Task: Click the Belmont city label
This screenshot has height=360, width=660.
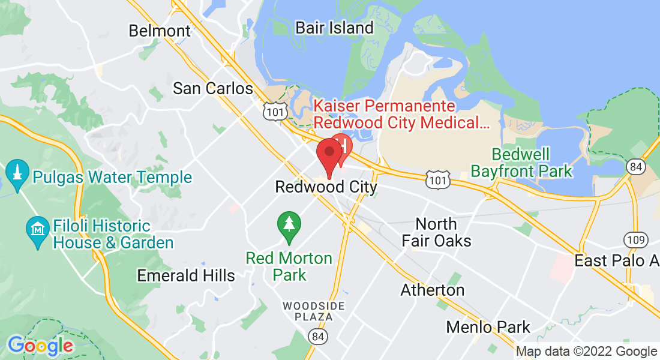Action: point(160,31)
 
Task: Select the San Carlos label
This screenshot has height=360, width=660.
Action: point(212,89)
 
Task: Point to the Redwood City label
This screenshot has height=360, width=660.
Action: point(326,187)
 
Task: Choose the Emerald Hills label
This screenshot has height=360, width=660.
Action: point(186,276)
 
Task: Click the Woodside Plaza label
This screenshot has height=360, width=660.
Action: point(314,311)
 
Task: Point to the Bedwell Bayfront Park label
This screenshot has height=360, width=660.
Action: point(521,163)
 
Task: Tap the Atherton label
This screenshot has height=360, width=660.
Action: point(432,290)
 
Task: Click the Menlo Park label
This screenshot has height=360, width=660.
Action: point(488,328)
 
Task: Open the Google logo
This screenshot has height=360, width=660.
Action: point(40,346)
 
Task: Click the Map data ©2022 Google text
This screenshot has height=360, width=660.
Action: point(586,352)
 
